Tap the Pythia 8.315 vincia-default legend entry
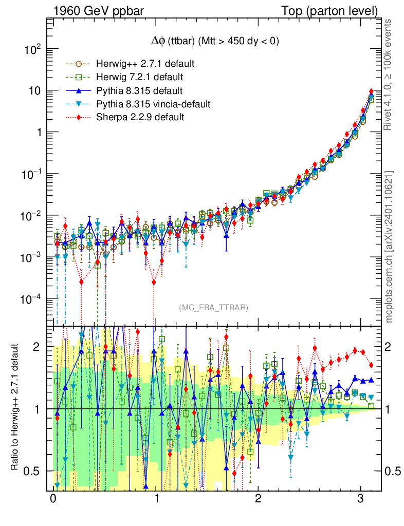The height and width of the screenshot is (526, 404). click(153, 104)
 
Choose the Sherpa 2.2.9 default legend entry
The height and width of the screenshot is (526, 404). click(140, 118)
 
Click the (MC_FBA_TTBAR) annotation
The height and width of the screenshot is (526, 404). click(214, 307)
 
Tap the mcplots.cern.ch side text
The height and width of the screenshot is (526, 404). click(389, 247)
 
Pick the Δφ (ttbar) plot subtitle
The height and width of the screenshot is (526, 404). click(211, 42)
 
